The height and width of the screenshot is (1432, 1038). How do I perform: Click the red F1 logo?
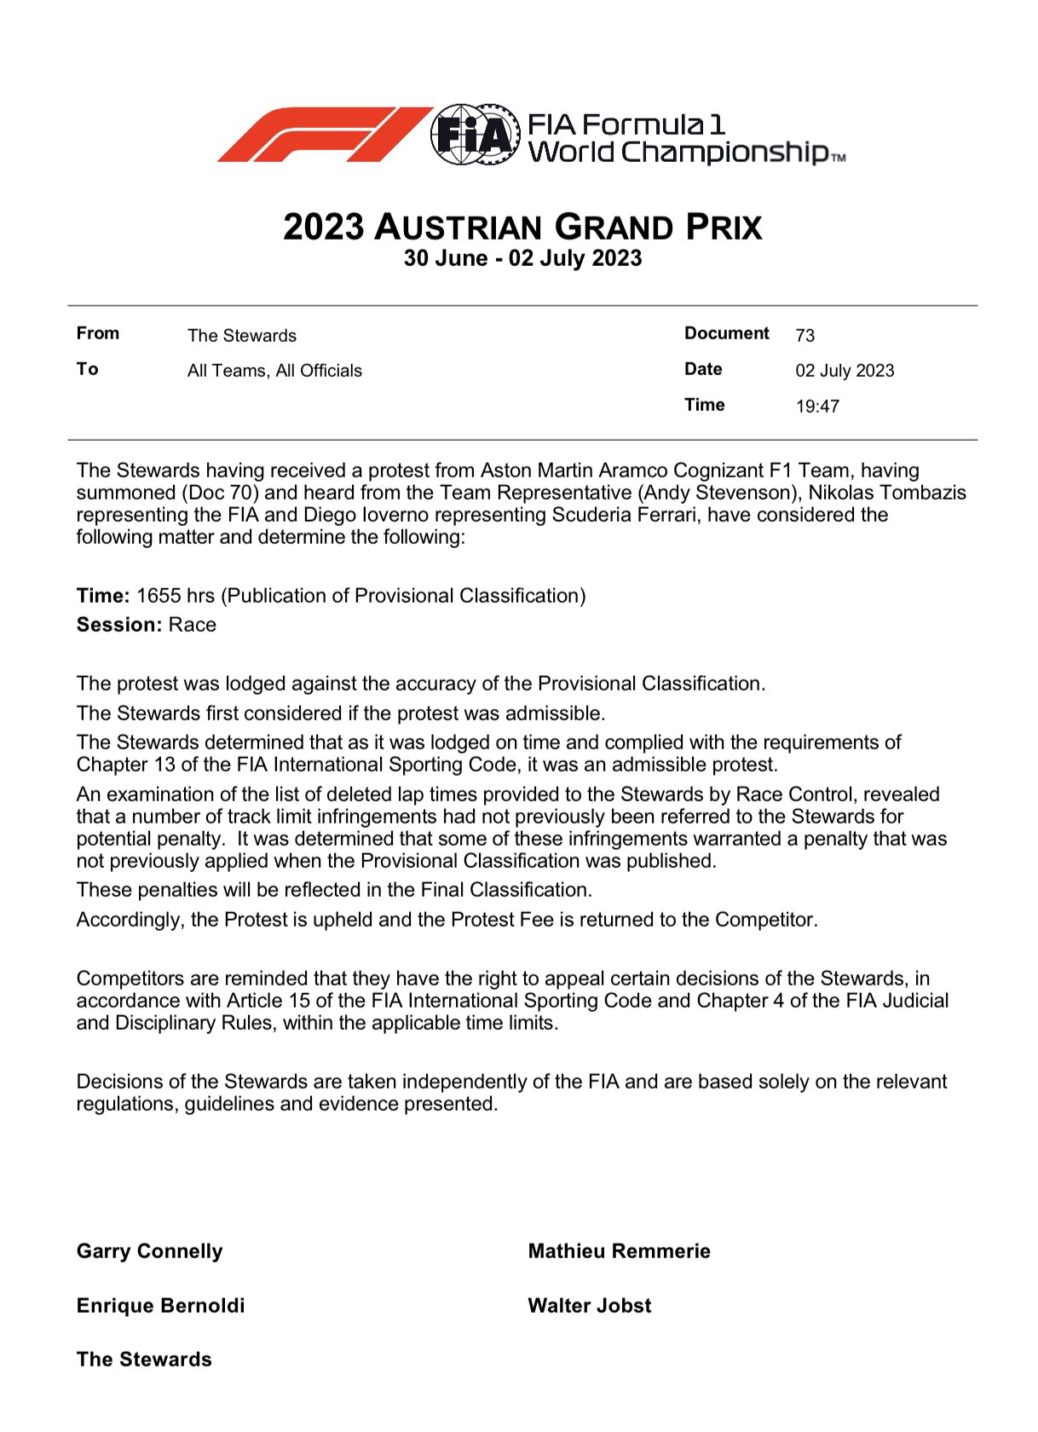coord(324,135)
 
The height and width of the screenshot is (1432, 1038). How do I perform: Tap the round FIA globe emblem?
coord(475,135)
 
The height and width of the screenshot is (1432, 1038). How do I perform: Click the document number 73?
coord(804,335)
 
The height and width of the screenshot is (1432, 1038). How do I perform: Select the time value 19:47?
coord(817,407)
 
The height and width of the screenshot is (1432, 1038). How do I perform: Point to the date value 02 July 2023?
coord(845,371)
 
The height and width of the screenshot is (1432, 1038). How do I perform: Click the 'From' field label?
coord(98,333)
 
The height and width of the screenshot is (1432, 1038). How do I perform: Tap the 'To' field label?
coord(88,369)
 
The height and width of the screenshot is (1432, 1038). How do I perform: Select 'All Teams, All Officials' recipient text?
coord(274,371)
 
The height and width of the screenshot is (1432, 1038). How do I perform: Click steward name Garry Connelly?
coord(149,1251)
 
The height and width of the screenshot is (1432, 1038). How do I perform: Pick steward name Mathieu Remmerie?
coord(619,1251)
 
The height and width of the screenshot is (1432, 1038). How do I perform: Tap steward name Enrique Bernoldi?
coord(160,1306)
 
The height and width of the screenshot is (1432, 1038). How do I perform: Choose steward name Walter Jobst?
coord(589,1306)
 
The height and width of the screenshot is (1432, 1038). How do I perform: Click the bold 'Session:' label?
coord(118,625)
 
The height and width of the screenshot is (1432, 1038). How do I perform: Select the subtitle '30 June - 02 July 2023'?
coord(522,258)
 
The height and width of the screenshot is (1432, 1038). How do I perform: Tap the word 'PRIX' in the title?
coord(724,228)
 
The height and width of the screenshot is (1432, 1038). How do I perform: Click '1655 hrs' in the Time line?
coord(175,596)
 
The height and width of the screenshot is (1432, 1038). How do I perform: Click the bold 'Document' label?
coord(726,333)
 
